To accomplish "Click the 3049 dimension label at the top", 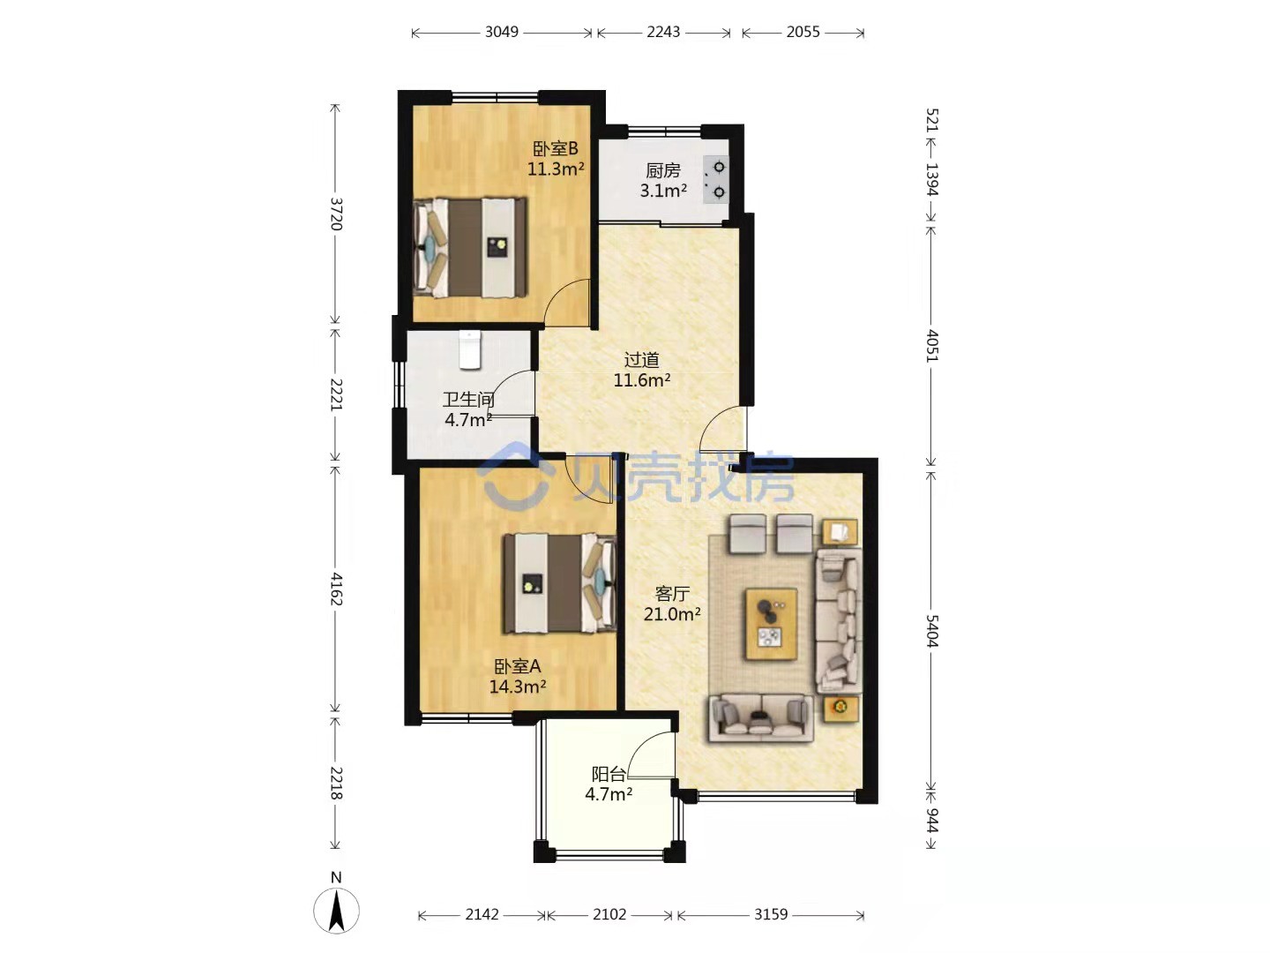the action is pyautogui.click(x=501, y=32).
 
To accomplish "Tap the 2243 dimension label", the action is pyautogui.click(x=663, y=32).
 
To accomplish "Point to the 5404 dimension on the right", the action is pyautogui.click(x=931, y=630).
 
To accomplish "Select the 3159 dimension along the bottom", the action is pyautogui.click(x=771, y=913).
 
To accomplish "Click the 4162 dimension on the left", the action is pyautogui.click(x=336, y=589).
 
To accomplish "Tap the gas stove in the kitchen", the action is pyautogui.click(x=716, y=179).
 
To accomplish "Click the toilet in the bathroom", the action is pyautogui.click(x=469, y=349).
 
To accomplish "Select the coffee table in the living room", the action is pyautogui.click(x=771, y=624).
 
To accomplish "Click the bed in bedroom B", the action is pyautogui.click(x=471, y=248).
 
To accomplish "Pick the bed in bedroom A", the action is pyautogui.click(x=559, y=582).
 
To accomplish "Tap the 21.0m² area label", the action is pyautogui.click(x=672, y=613).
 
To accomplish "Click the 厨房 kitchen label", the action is pyautogui.click(x=662, y=170).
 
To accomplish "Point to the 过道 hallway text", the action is pyautogui.click(x=641, y=360).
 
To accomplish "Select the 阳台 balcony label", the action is pyautogui.click(x=608, y=774).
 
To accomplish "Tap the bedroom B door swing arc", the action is pyautogui.click(x=557, y=290).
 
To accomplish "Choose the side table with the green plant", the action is pyautogui.click(x=840, y=708).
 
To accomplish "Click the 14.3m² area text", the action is pyautogui.click(x=518, y=687).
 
